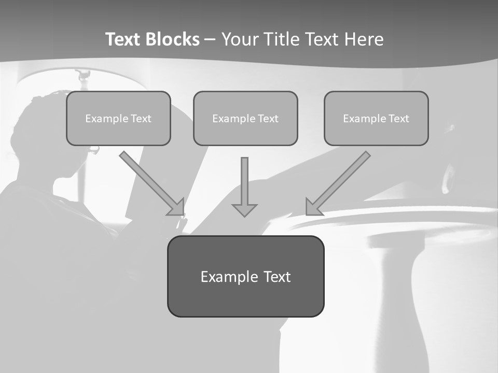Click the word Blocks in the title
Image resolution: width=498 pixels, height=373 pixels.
click(x=172, y=39)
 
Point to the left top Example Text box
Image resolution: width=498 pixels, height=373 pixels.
click(x=118, y=118)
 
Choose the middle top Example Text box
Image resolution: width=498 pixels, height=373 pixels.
click(x=245, y=118)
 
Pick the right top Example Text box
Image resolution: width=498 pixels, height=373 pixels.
click(x=376, y=118)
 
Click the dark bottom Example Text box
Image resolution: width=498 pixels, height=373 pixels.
click(x=245, y=276)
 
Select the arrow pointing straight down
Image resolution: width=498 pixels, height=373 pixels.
click(x=244, y=184)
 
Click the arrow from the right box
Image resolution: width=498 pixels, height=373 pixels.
click(x=340, y=182)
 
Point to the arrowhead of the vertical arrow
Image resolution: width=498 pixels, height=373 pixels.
click(x=244, y=210)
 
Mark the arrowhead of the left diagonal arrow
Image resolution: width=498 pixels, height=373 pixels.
click(x=178, y=208)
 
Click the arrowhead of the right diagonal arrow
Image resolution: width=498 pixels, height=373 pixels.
click(x=313, y=208)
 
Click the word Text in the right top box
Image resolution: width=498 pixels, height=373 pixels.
click(x=398, y=119)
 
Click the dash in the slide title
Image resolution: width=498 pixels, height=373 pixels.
click(x=210, y=39)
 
